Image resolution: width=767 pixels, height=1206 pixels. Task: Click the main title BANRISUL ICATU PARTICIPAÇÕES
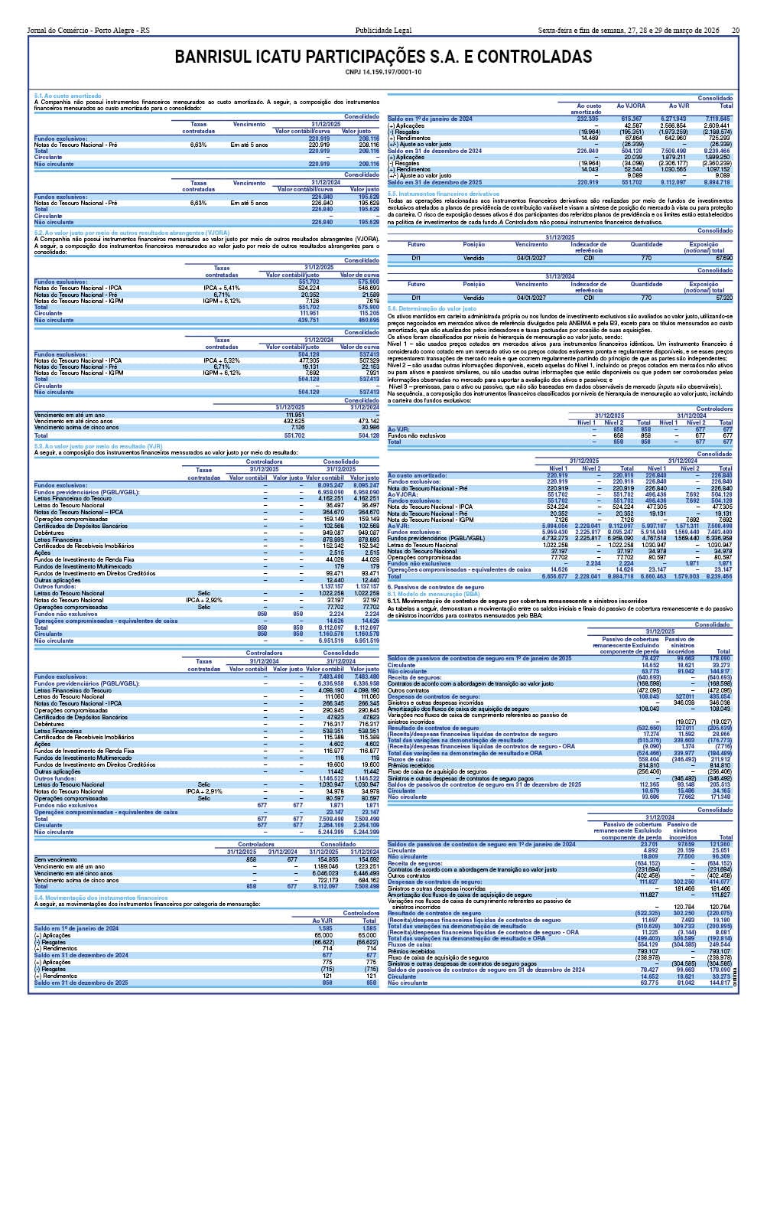[383, 57]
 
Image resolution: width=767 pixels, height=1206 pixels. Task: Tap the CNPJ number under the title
[383, 72]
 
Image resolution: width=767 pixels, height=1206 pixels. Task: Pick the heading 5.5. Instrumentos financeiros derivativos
[444, 194]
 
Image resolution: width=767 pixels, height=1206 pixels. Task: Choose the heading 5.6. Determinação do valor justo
[432, 308]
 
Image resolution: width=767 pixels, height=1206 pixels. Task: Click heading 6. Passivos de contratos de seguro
[435, 587]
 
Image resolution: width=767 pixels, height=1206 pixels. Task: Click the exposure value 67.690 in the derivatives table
[723, 258]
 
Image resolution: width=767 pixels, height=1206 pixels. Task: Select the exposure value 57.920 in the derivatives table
[723, 297]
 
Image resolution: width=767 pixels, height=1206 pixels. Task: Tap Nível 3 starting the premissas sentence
[398, 386]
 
